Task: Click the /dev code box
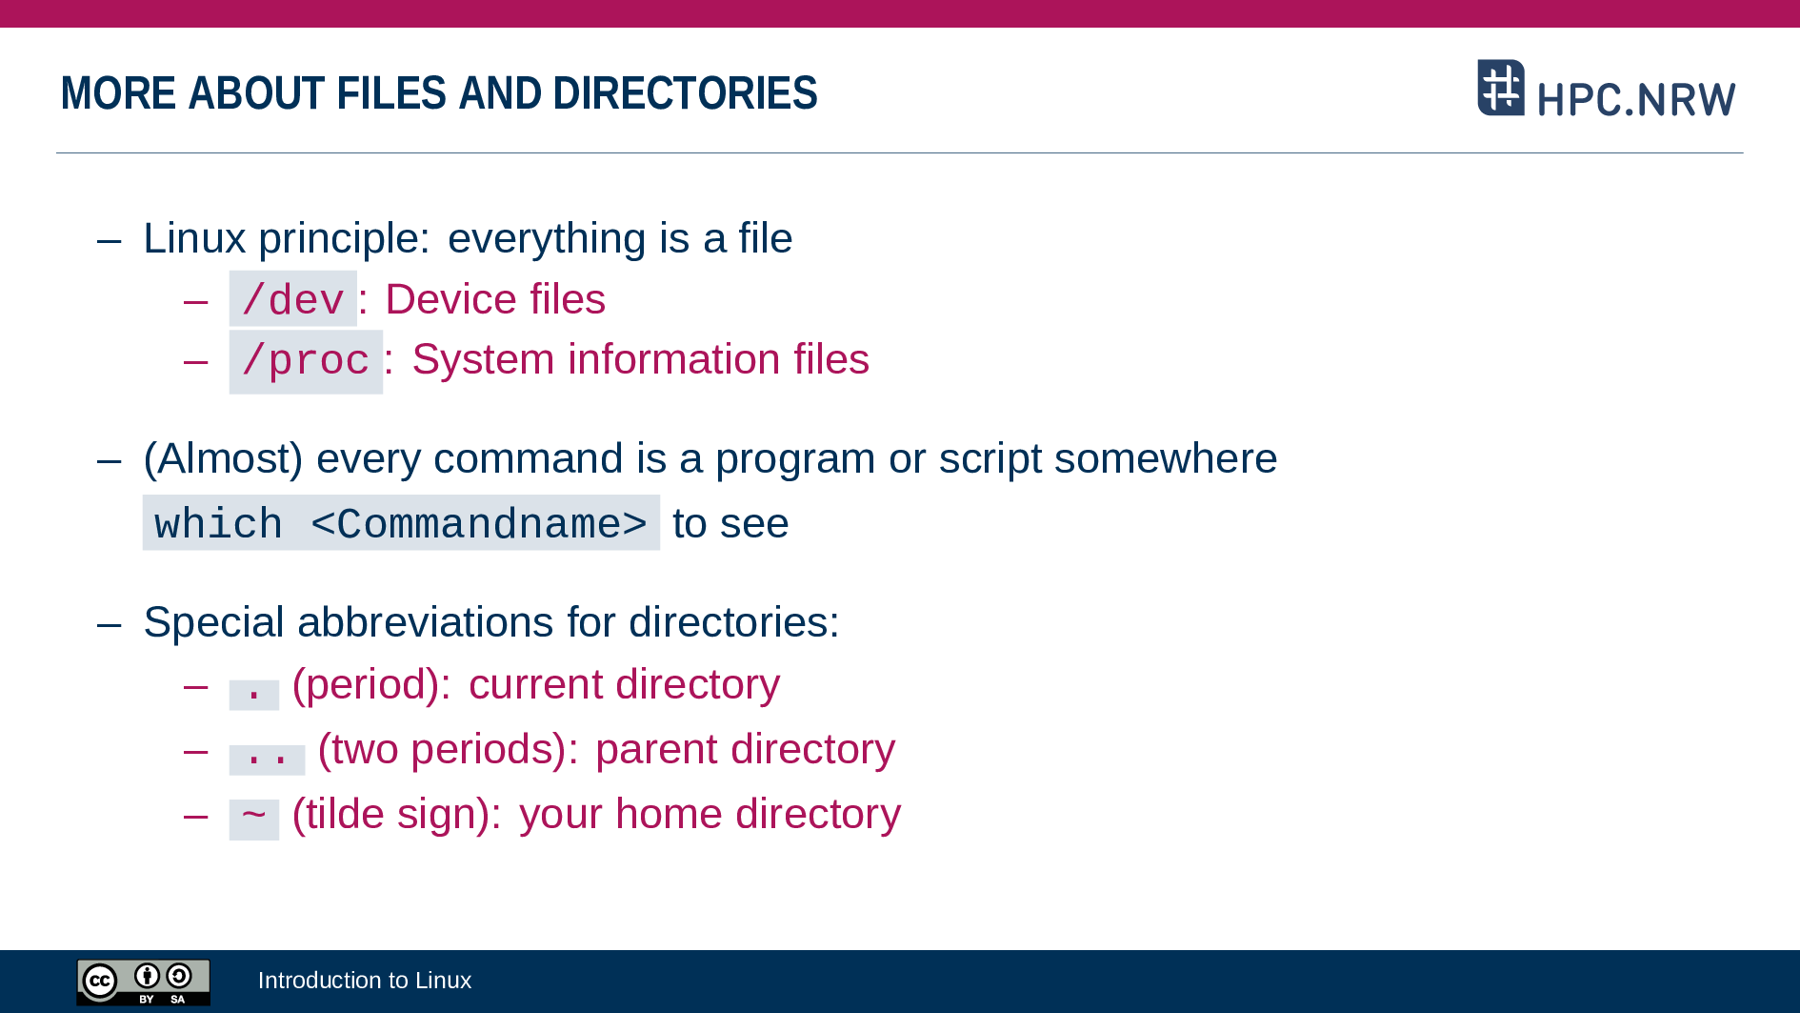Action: (292, 299)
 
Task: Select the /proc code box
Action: (306, 362)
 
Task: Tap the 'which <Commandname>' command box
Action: (401, 522)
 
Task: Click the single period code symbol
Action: (254, 695)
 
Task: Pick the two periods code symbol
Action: (267, 760)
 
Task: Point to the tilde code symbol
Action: (254, 819)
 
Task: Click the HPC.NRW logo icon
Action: (1501, 88)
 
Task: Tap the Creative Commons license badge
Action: (144, 982)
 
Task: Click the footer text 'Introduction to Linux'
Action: (365, 981)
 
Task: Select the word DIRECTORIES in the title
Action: (685, 93)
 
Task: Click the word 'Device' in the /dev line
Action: (450, 299)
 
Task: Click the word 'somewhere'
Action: (1166, 459)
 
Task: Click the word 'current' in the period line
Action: (535, 685)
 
